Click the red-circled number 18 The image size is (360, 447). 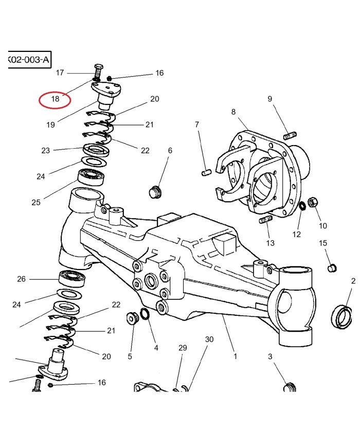(55, 98)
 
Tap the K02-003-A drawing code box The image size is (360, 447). (29, 60)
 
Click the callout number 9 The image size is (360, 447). (269, 99)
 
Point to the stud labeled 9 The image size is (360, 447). (290, 136)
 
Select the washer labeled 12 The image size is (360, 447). (302, 206)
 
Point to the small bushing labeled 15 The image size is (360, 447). (333, 267)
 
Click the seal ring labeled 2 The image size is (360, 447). (342, 317)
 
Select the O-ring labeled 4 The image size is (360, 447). (145, 314)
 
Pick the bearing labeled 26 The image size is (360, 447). (73, 279)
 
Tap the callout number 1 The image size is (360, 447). (235, 356)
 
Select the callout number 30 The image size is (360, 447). (209, 339)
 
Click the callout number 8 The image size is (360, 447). (233, 112)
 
